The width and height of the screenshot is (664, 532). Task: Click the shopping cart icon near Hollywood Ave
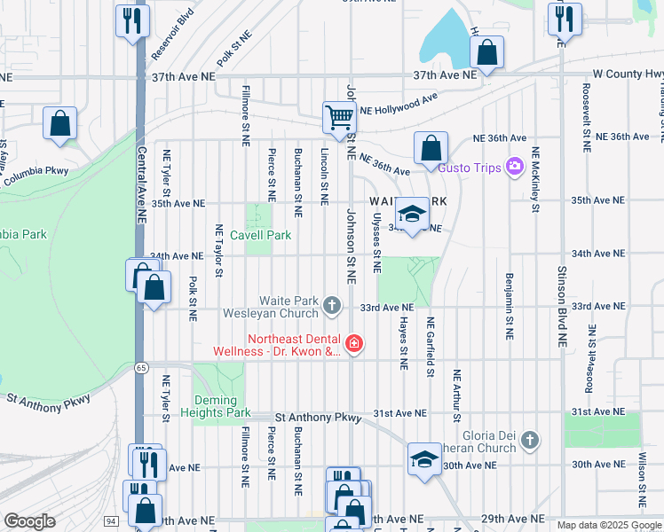point(339,117)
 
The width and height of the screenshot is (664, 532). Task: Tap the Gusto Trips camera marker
point(513,166)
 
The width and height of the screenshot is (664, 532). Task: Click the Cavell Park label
point(260,235)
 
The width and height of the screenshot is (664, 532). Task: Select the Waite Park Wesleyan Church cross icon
point(332,306)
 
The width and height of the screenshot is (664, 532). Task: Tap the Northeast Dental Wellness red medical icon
point(353,343)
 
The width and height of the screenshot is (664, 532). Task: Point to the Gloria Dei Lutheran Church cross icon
point(529,440)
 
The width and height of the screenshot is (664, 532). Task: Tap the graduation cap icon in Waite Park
point(412,214)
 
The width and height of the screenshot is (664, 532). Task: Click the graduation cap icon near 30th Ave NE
point(424,459)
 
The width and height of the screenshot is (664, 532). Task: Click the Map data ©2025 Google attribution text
point(608,525)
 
